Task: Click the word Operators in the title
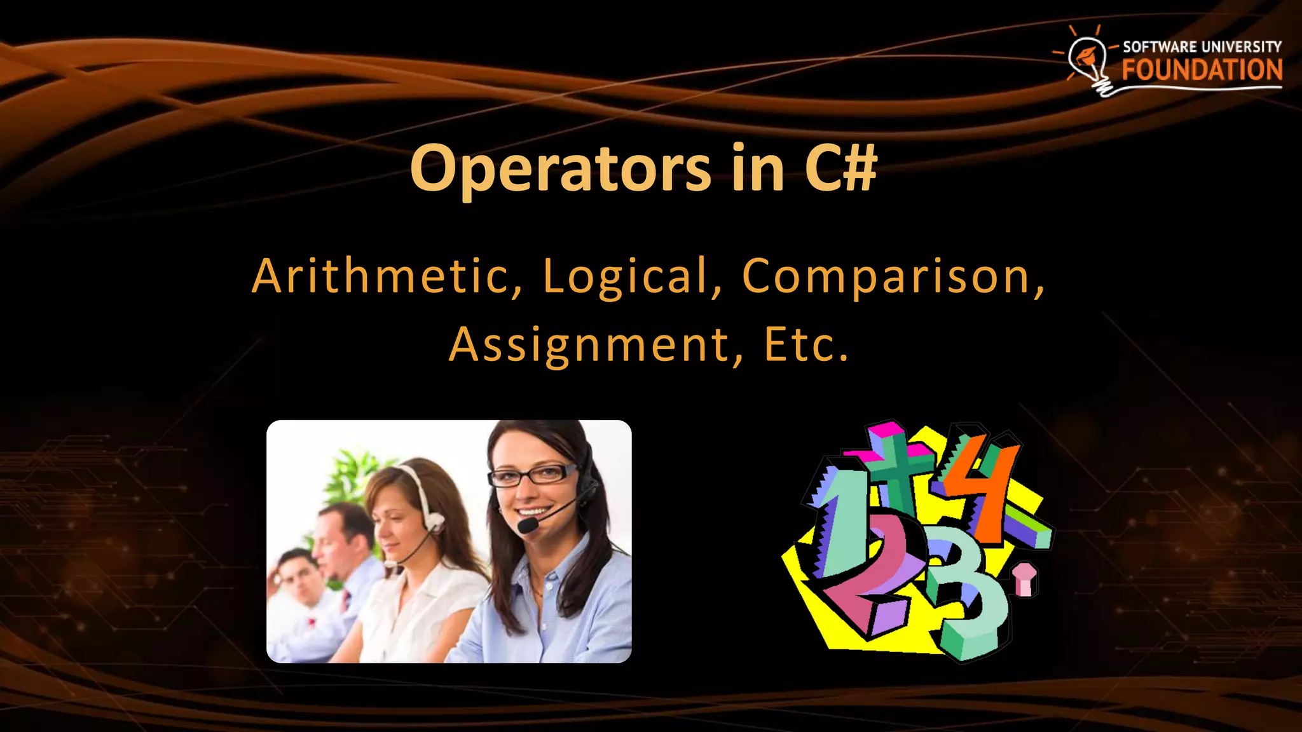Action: [x=560, y=168]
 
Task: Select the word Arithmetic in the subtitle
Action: [x=387, y=276]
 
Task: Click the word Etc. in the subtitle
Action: [x=806, y=345]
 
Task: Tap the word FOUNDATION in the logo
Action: [x=1202, y=70]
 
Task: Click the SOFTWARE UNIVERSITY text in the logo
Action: [x=1202, y=47]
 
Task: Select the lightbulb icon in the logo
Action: [x=1088, y=60]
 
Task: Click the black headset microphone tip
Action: [x=527, y=525]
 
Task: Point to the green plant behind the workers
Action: [x=346, y=473]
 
